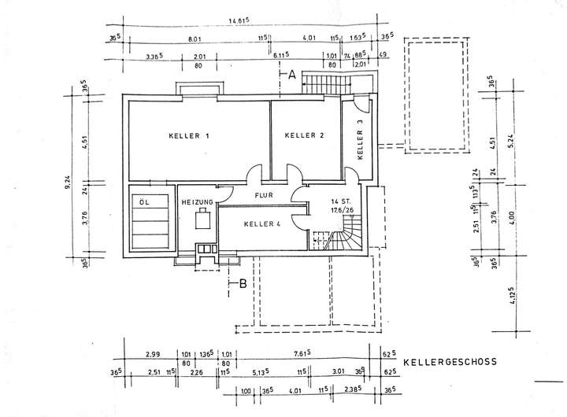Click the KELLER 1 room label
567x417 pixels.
click(188, 135)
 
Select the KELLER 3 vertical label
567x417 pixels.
click(360, 139)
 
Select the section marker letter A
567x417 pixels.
click(291, 76)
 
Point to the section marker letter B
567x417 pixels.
click(243, 284)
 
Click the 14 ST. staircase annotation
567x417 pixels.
click(339, 201)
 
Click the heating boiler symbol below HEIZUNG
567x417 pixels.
click(202, 220)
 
